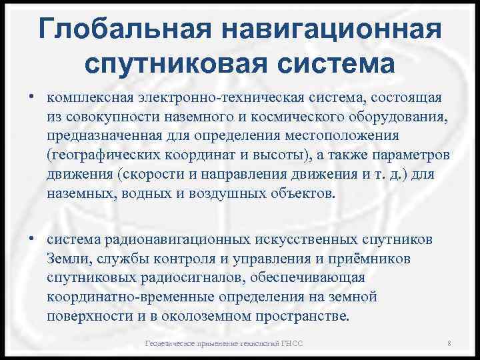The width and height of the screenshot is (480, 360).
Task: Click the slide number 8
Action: click(x=451, y=344)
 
